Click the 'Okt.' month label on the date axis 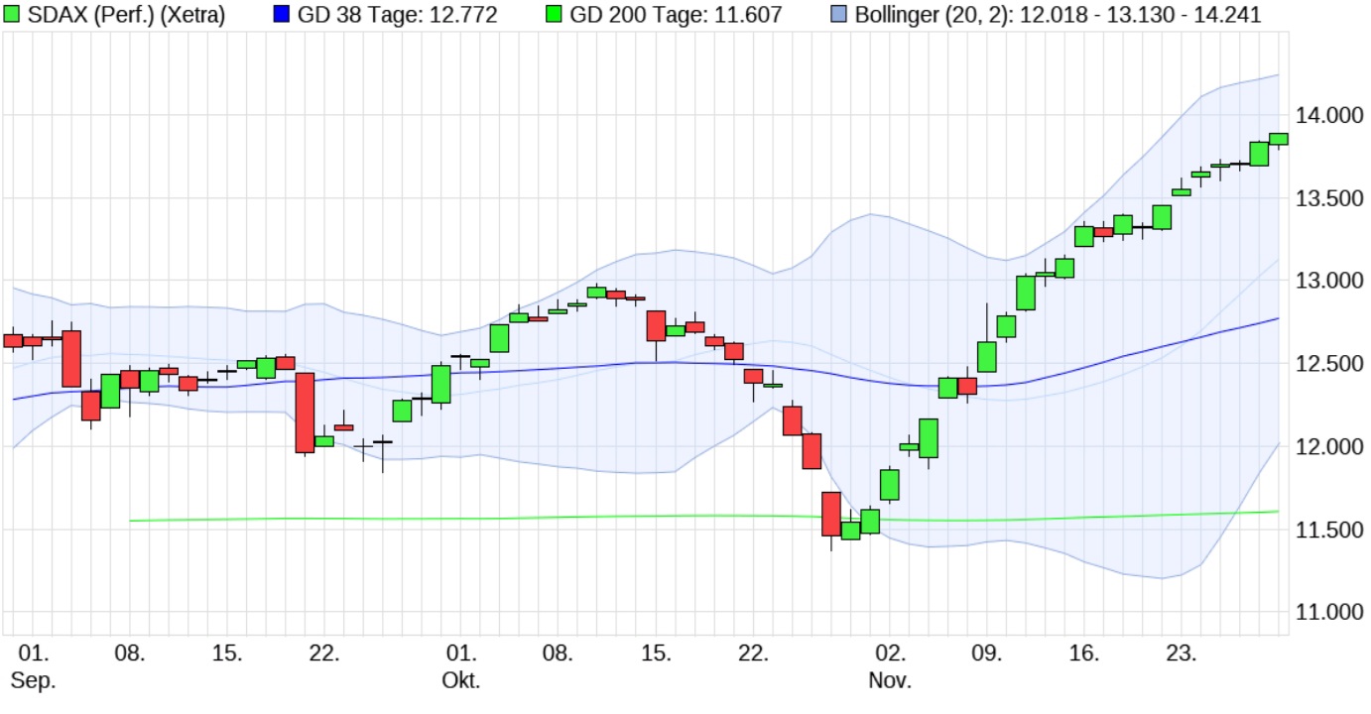pos(461,680)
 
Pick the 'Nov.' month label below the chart pos(890,680)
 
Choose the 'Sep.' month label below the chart pos(33,680)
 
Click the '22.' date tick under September pos(325,654)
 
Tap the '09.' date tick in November pos(987,654)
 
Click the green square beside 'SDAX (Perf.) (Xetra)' pos(11,14)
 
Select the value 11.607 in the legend pos(748,15)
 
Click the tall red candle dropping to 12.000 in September pos(306,413)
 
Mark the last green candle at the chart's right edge pos(1278,139)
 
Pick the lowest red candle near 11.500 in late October pos(831,513)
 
